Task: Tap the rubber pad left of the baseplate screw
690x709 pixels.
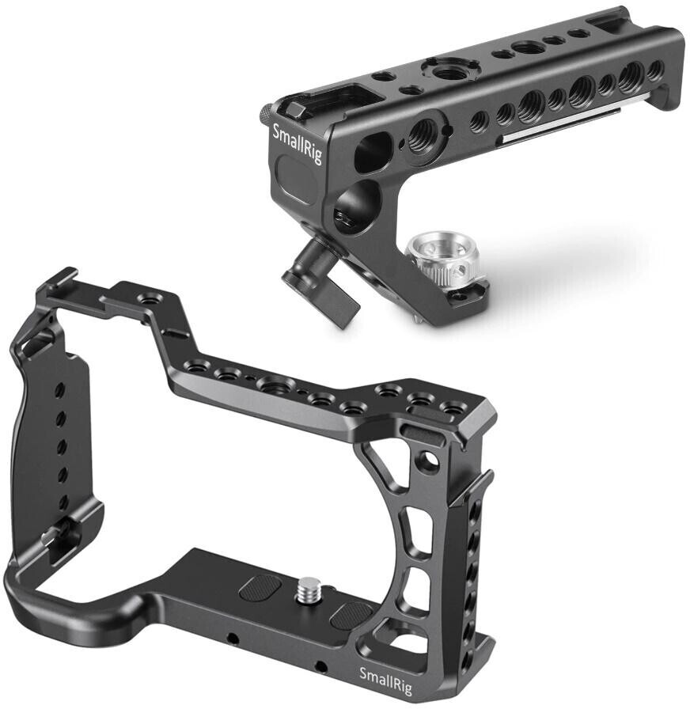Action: (x=260, y=588)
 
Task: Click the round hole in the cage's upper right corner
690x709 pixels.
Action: (x=428, y=460)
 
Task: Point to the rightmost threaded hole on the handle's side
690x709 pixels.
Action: (x=654, y=70)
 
